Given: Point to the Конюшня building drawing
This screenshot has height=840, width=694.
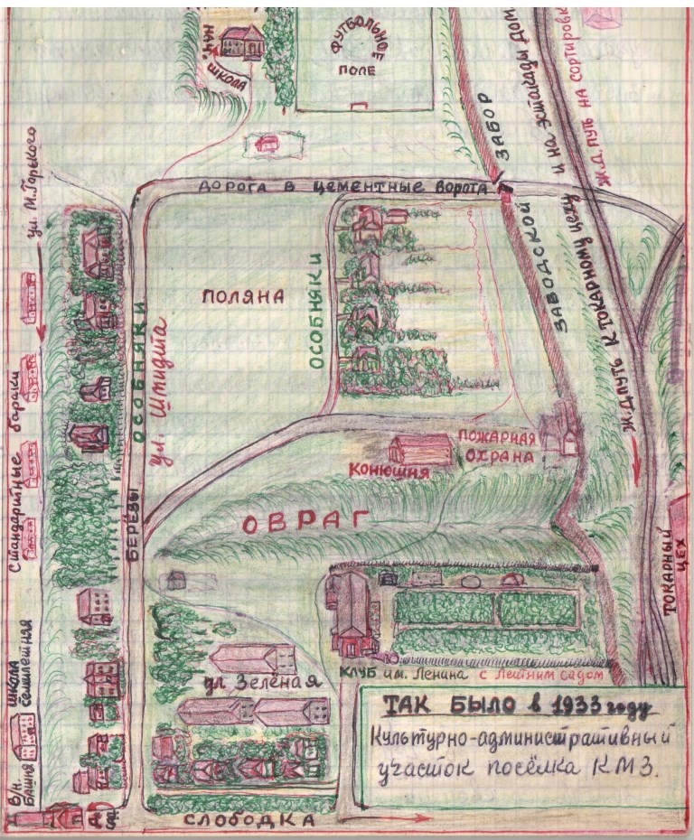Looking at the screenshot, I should coord(419,448).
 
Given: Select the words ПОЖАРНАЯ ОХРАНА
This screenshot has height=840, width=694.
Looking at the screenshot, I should coord(497,447).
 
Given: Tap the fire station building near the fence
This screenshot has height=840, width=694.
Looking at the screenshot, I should coord(560,429).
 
